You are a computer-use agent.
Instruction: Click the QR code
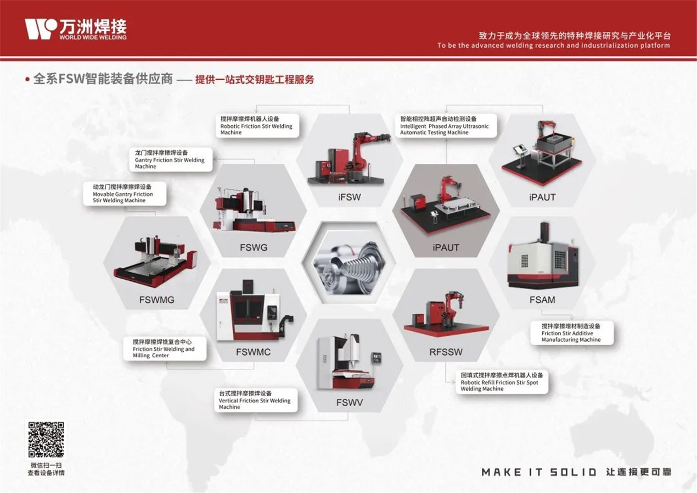(x=46, y=440)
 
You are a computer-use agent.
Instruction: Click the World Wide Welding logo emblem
(x=41, y=29)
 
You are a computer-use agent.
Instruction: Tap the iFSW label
(x=350, y=197)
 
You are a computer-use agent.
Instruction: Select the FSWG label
(x=254, y=247)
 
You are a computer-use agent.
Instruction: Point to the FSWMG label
(x=156, y=300)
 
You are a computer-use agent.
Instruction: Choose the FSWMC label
(x=254, y=352)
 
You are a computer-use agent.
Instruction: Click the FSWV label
(x=350, y=403)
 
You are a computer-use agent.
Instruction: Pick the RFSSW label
(x=446, y=352)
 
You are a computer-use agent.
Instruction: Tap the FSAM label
(x=542, y=300)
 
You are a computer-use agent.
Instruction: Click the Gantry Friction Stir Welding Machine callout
(x=171, y=159)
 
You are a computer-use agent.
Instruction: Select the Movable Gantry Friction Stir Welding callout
(x=125, y=193)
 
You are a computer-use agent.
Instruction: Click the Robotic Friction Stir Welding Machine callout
(x=257, y=126)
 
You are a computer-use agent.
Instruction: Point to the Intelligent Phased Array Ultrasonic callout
(x=446, y=126)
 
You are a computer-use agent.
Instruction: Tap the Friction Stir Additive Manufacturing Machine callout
(x=572, y=333)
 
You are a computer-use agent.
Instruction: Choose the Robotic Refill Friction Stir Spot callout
(x=502, y=382)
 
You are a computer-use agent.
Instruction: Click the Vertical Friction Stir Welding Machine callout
(x=256, y=400)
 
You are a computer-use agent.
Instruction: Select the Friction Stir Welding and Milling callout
(x=165, y=348)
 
